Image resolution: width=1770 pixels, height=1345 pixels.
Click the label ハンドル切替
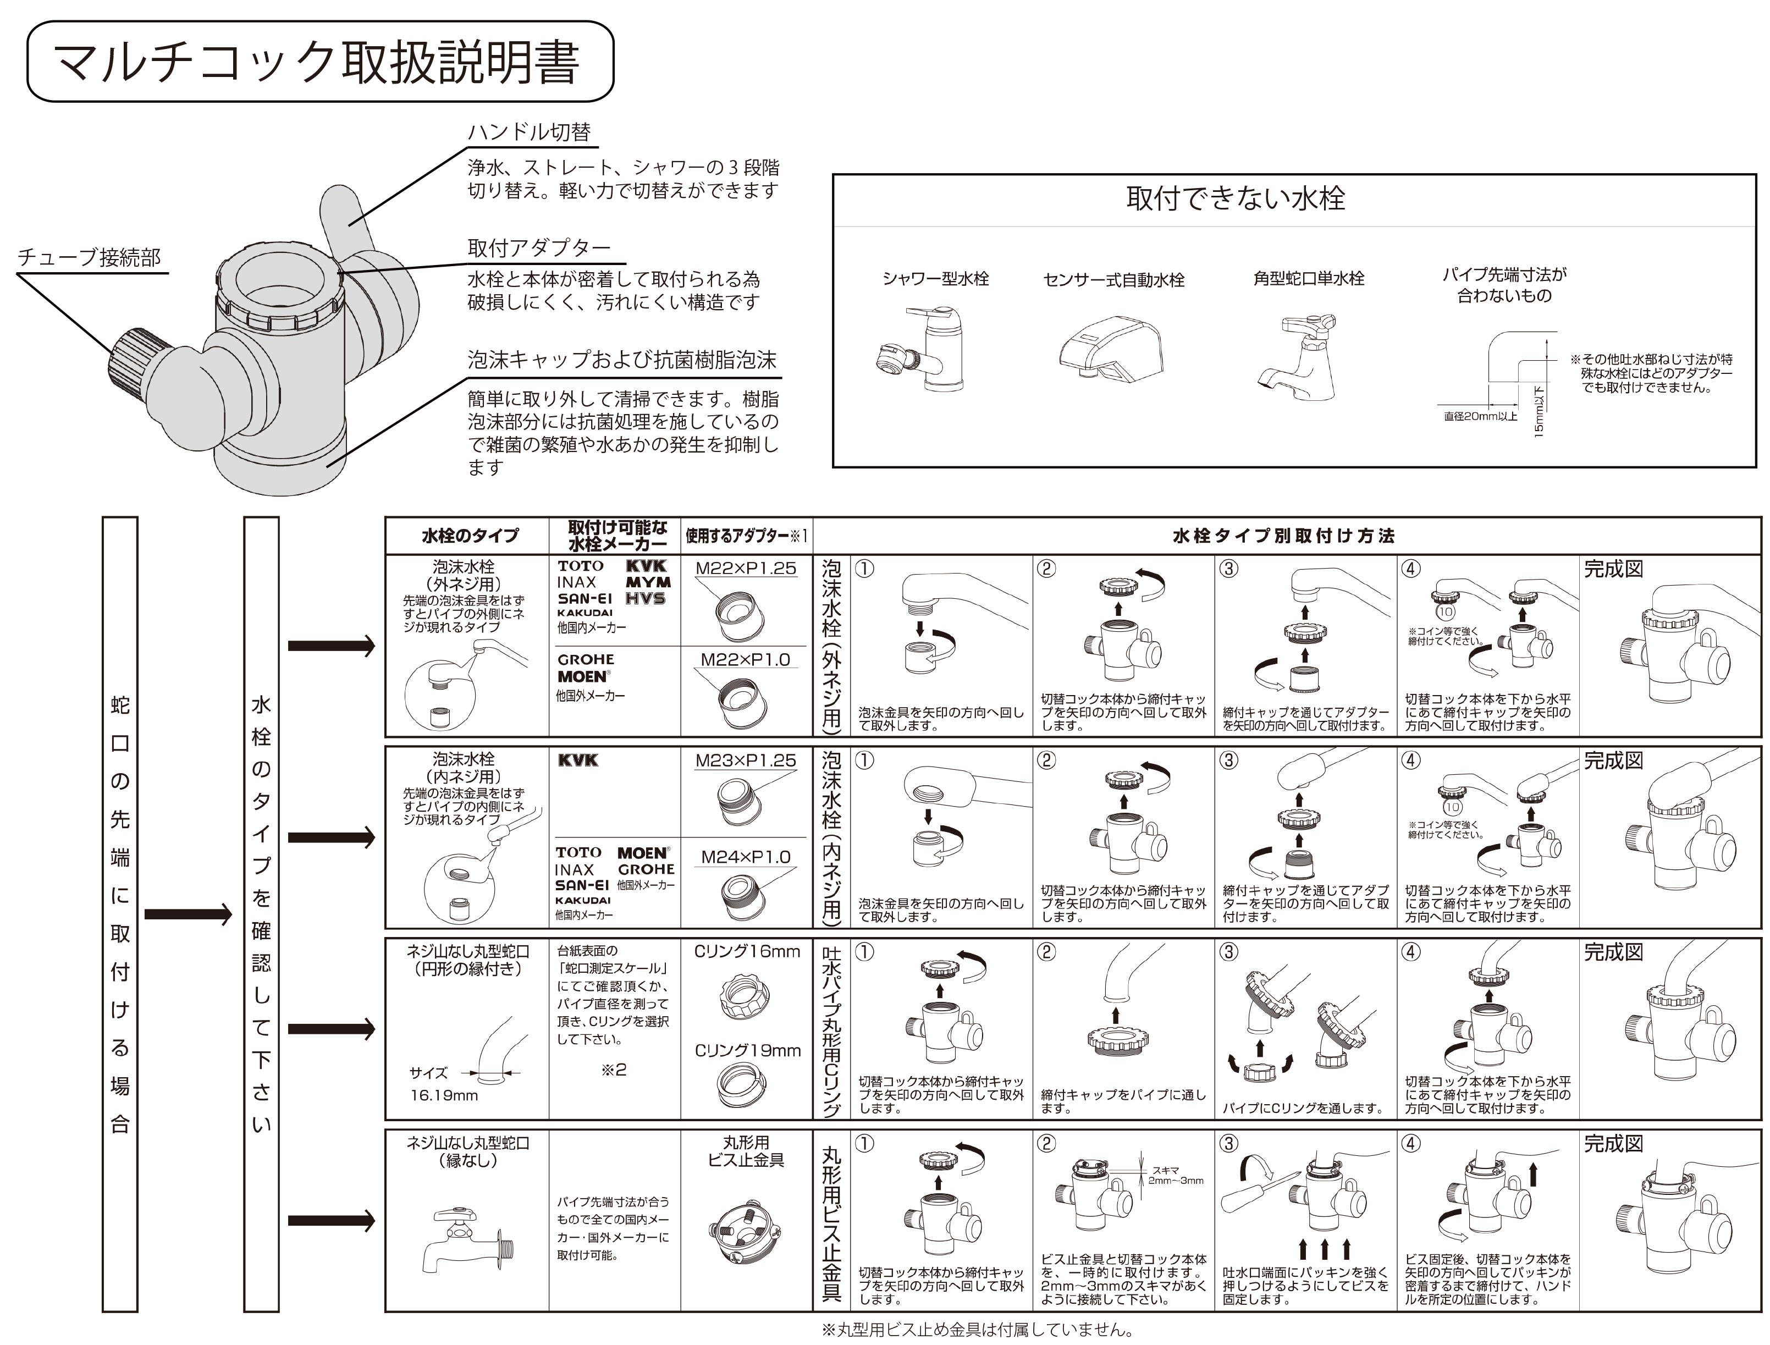528,132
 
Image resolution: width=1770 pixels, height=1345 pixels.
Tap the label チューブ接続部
89,258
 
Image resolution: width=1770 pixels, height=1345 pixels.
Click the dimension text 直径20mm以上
1480,416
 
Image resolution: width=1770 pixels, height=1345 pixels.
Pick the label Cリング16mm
746,951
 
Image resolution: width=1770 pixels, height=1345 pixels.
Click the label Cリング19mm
746,1050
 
